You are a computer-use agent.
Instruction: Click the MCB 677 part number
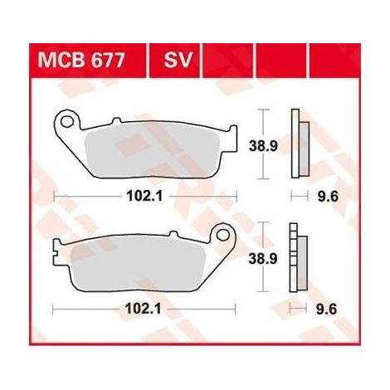coord(81,61)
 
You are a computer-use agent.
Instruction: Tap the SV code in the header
coord(178,61)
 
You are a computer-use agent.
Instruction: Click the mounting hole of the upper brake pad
coord(66,121)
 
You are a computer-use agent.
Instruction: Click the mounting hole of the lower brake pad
coord(222,235)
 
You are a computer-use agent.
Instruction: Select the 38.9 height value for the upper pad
coord(263,146)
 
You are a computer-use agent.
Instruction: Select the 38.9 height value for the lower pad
coord(263,259)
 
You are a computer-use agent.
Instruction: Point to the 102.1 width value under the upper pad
coord(144,197)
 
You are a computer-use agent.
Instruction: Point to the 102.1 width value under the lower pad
coord(143,309)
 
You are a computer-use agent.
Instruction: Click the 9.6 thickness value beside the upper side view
coord(328,197)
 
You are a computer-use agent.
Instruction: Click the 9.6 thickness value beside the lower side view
coord(326,310)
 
